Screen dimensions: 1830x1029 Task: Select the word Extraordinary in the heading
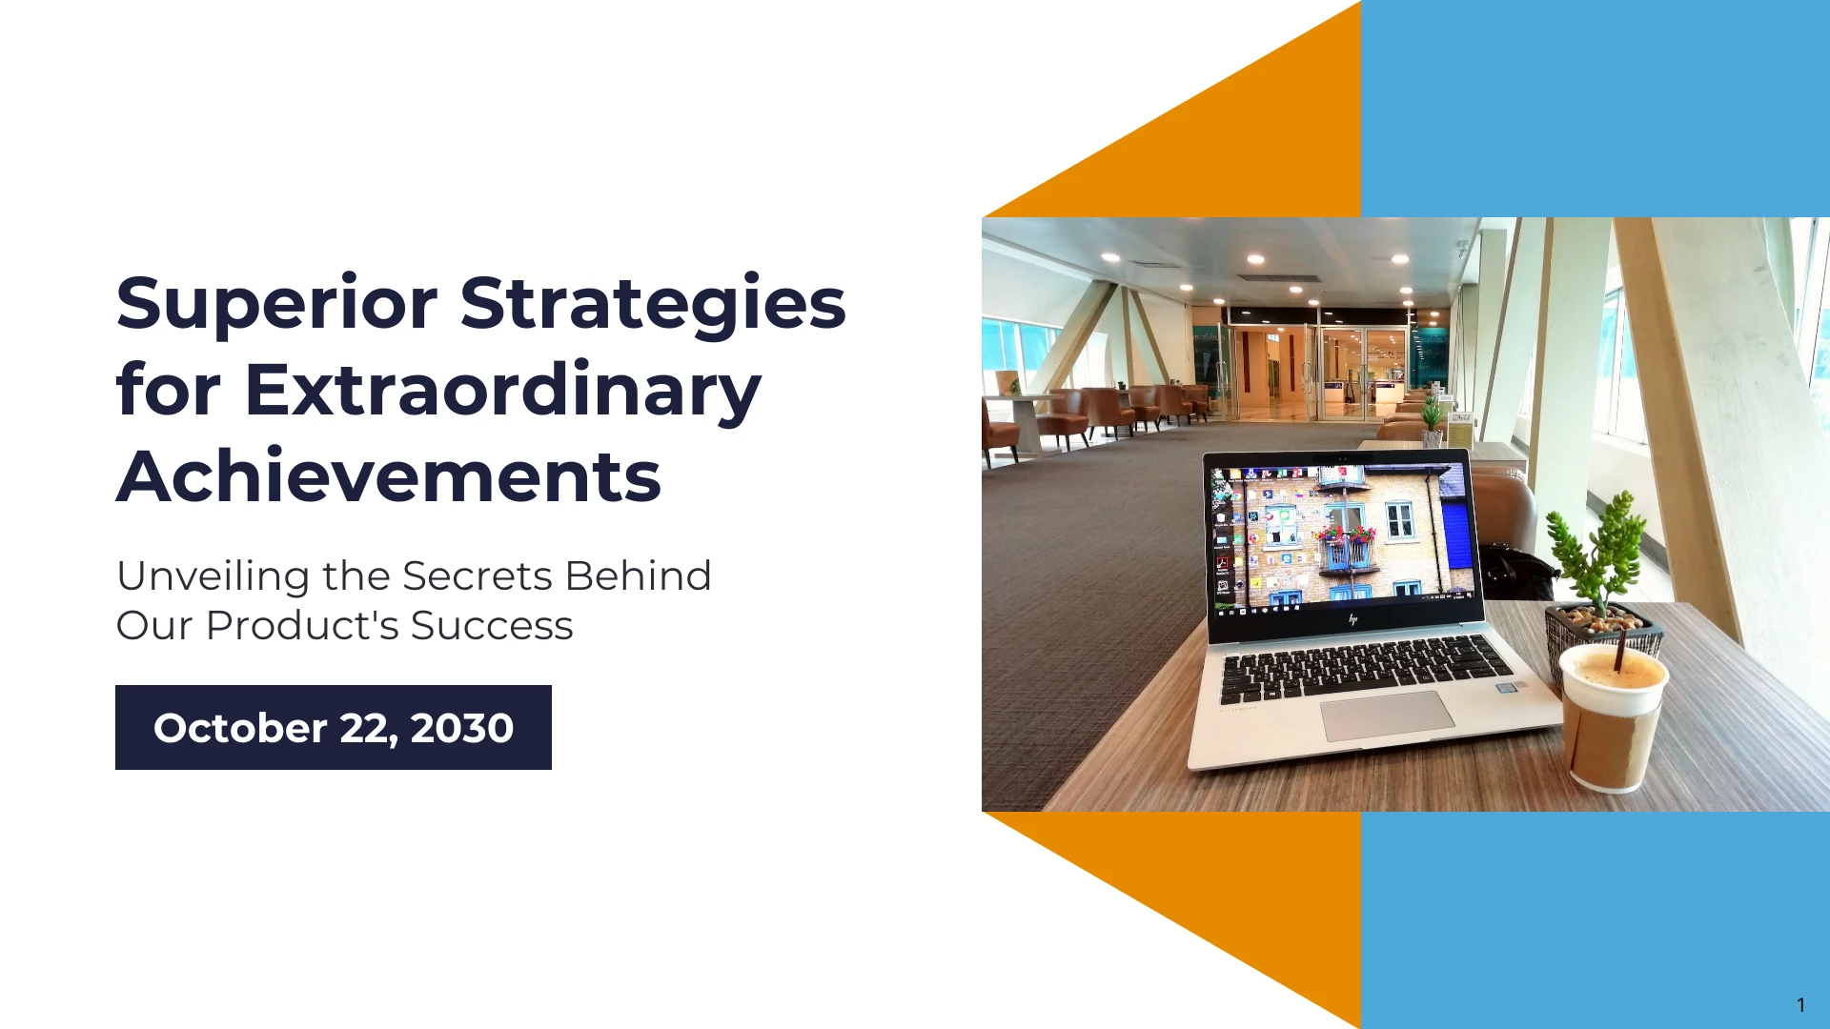pyautogui.click(x=502, y=392)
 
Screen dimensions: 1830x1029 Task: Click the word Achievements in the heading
pyautogui.click(x=389, y=476)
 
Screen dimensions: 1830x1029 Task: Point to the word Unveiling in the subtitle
pyautogui.click(x=214, y=577)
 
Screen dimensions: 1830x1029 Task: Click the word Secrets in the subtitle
pyautogui.click(x=478, y=576)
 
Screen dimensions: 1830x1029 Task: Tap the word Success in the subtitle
pyautogui.click(x=492, y=626)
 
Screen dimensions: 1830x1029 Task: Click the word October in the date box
pyautogui.click(x=240, y=729)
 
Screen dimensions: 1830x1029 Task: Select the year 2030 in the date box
pyautogui.click(x=462, y=729)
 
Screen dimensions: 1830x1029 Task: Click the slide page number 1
pyautogui.click(x=1800, y=1005)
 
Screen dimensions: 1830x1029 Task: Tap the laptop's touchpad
pyautogui.click(x=1387, y=715)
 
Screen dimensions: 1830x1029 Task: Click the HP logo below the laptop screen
pyautogui.click(x=1352, y=619)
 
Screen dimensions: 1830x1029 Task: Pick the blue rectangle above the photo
pyautogui.click(x=1596, y=109)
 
